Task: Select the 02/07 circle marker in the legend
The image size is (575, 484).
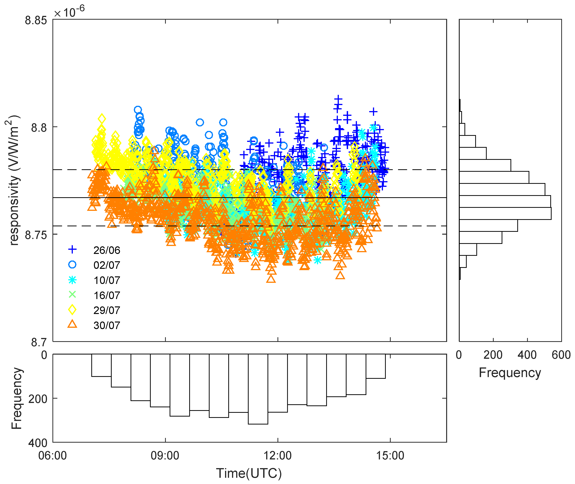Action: [x=72, y=264]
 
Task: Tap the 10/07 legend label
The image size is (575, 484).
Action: [x=107, y=280]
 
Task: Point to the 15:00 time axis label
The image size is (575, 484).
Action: [x=390, y=456]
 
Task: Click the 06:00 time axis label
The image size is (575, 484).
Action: [x=53, y=456]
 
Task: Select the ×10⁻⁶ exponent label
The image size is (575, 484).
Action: [x=69, y=12]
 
